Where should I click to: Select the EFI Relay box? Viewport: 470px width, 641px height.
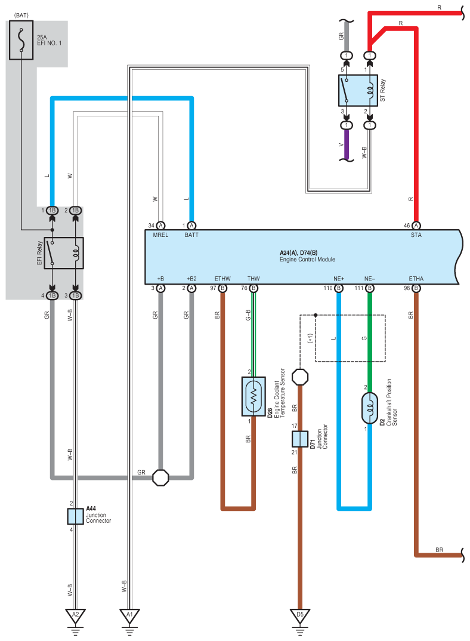(x=64, y=253)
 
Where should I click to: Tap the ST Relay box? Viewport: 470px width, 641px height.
(x=358, y=90)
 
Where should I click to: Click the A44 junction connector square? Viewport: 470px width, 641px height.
(x=76, y=516)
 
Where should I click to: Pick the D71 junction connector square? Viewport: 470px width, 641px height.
(x=300, y=439)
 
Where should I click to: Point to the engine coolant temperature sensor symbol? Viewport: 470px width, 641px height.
(x=253, y=396)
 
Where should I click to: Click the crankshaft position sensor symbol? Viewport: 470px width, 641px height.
(x=370, y=408)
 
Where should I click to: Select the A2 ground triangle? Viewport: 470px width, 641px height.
(x=76, y=616)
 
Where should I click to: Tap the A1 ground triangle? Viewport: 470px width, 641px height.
(x=129, y=616)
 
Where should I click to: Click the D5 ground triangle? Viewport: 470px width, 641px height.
(x=300, y=616)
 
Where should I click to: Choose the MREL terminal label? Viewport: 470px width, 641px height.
(x=160, y=235)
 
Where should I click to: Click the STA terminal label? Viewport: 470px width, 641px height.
(x=416, y=235)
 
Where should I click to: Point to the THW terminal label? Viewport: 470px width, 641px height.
(x=253, y=279)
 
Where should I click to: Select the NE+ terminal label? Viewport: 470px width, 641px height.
(x=339, y=279)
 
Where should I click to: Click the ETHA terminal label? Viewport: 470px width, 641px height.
(x=416, y=279)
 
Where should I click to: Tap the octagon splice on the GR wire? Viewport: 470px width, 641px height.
(x=160, y=477)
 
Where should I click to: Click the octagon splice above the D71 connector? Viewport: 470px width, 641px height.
(x=300, y=377)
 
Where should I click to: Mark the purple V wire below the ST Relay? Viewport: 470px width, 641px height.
(x=347, y=144)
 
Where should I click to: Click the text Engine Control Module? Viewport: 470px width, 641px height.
(x=307, y=260)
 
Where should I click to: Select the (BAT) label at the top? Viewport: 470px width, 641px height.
(x=21, y=16)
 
